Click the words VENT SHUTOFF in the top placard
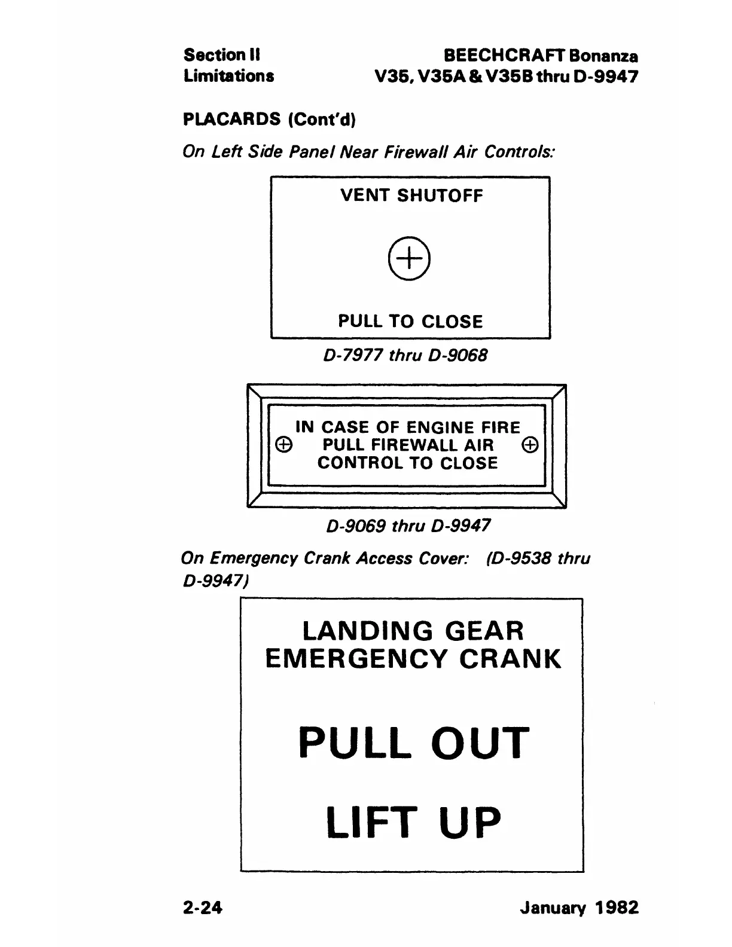pyautogui.click(x=411, y=195)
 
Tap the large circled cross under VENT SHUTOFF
pyautogui.click(x=410, y=259)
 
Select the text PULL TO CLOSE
pyautogui.click(x=410, y=322)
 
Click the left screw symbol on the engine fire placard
pyautogui.click(x=284, y=445)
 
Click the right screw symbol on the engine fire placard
pyautogui.click(x=530, y=445)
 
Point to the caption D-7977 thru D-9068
pyautogui.click(x=405, y=355)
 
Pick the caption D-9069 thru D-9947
pyautogui.click(x=408, y=526)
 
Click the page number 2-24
pyautogui.click(x=203, y=908)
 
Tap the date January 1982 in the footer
pyautogui.click(x=579, y=908)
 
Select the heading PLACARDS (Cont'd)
pyautogui.click(x=269, y=120)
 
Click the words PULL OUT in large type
pyautogui.click(x=414, y=743)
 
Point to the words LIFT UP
pyautogui.click(x=413, y=822)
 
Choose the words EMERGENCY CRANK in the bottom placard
pyautogui.click(x=413, y=659)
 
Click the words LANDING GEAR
pyautogui.click(x=413, y=631)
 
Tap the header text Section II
pyautogui.click(x=221, y=55)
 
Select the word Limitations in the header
pyautogui.click(x=228, y=76)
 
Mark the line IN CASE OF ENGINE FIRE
pyautogui.click(x=408, y=427)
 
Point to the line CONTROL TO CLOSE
pyautogui.click(x=408, y=463)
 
